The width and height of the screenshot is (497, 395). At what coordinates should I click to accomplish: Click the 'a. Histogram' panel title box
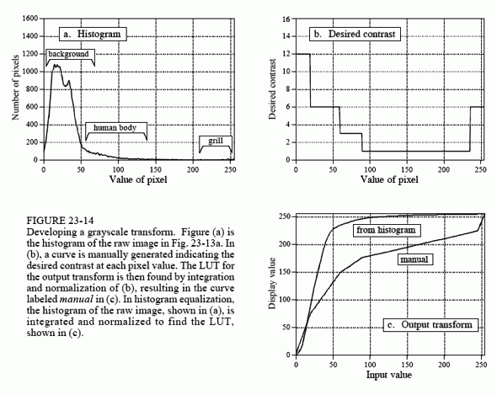pos(93,34)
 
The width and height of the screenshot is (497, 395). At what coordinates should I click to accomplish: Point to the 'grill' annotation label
pos(216,141)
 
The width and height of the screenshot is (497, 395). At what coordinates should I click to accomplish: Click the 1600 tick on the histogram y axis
pos(30,19)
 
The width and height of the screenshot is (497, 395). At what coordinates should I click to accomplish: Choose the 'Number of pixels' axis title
pos(15,88)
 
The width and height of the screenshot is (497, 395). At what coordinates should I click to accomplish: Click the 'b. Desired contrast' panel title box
pos(355,34)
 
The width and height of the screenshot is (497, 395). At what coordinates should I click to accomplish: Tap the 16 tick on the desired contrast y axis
pos(286,19)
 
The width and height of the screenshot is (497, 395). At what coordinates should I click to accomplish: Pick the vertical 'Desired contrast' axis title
pos(272,89)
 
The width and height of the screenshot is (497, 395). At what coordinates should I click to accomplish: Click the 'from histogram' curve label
pos(387,230)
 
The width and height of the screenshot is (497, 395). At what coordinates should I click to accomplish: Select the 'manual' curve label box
pos(415,259)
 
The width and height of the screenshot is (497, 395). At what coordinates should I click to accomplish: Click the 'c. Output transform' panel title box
pos(430,325)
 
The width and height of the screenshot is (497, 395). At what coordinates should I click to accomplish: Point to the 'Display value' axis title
pos(272,284)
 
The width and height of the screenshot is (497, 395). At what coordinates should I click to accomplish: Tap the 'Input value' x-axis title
pos(389,375)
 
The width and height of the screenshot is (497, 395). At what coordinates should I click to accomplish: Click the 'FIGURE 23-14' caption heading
pos(60,221)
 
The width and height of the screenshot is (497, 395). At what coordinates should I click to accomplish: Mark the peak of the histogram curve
pos(56,65)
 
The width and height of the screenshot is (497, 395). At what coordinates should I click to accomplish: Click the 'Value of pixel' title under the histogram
pos(138,179)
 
